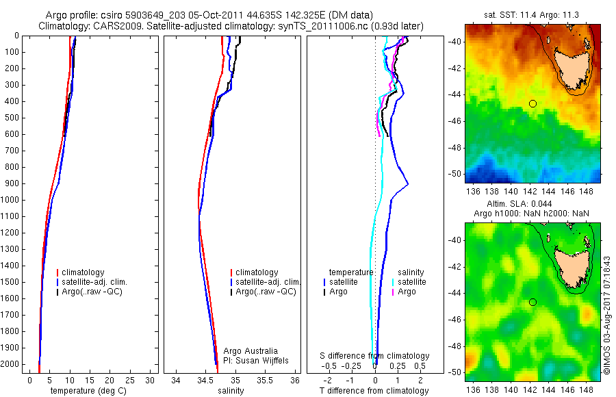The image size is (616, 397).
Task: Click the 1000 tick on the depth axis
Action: click(12, 200)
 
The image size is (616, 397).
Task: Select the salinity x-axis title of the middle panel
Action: click(230, 392)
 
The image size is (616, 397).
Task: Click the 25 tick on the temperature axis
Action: click(130, 380)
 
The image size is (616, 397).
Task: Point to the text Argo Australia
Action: click(251, 351)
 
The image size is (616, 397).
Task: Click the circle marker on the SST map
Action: click(532, 103)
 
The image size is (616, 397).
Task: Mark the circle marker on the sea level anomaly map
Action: click(532, 302)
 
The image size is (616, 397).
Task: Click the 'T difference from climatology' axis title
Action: click(376, 392)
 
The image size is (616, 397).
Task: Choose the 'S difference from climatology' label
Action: click(375, 357)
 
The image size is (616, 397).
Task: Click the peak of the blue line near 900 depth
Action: click(408, 183)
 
